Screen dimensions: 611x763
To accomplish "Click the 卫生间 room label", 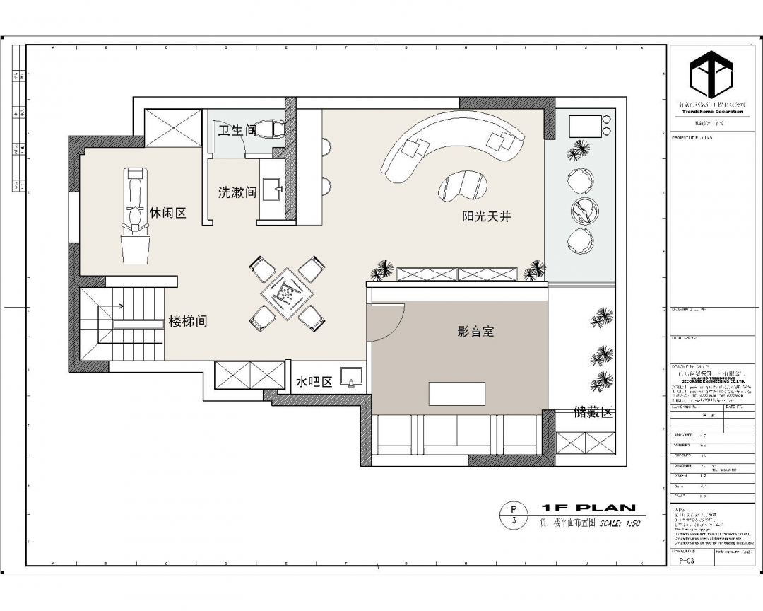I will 236,130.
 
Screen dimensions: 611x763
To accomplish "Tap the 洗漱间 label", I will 237,192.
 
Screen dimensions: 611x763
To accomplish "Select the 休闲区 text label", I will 168,213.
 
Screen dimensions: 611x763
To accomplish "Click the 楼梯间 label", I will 188,322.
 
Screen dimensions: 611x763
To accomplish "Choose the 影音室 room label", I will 475,330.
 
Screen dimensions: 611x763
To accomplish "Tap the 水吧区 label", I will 314,382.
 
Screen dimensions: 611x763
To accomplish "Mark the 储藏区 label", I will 593,412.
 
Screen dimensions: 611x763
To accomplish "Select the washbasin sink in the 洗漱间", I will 272,189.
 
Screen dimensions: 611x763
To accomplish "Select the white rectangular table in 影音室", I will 458,393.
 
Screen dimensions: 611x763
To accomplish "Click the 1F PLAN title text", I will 588,508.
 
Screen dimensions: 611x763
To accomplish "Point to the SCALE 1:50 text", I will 620,524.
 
